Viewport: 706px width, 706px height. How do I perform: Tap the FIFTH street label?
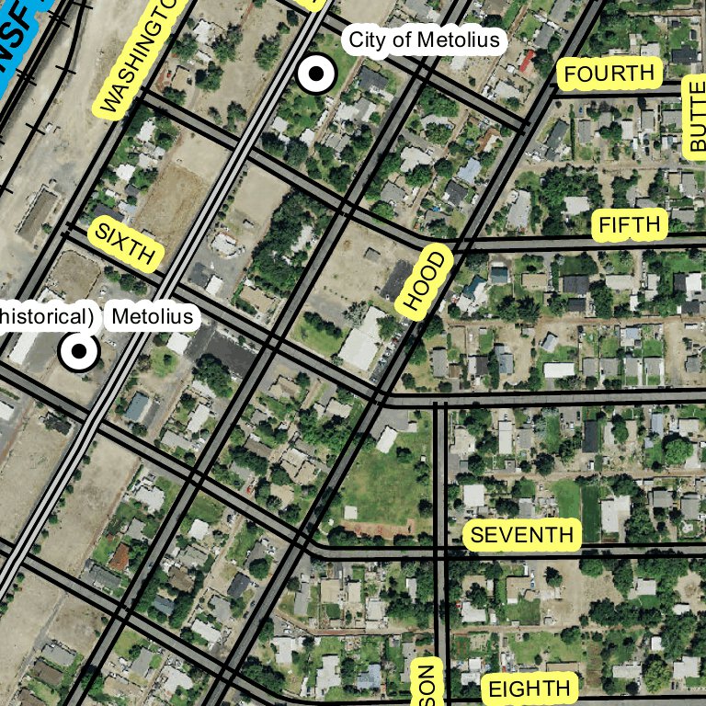630,224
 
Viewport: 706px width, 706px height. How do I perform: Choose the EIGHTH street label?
529,689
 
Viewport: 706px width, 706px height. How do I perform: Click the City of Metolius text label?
424,40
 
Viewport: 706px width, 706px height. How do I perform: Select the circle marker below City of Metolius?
316,74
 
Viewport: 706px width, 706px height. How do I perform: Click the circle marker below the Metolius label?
79,351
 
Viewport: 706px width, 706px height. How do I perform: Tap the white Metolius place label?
153,318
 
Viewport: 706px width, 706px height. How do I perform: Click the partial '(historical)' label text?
46,317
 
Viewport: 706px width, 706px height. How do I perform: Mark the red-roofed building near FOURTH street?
527,62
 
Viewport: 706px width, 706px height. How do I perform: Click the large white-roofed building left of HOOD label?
362,339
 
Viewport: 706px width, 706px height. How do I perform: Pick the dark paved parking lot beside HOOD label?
397,280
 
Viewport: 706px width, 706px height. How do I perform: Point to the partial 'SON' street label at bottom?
426,685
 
